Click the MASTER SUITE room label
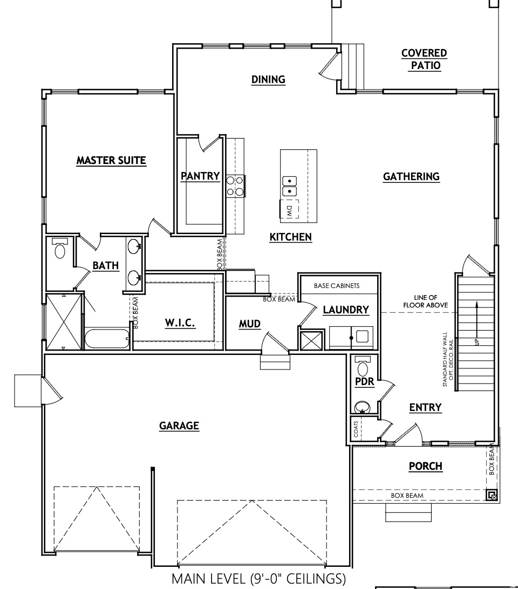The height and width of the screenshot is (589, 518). point(111,160)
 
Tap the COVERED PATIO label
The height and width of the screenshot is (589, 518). point(424,59)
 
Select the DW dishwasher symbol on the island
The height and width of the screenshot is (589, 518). point(289,210)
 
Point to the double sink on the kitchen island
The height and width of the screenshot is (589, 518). point(289,186)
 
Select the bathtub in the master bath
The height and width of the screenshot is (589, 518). point(107,339)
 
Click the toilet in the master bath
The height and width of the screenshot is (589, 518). point(60,249)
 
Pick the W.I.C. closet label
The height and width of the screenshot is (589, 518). point(180,323)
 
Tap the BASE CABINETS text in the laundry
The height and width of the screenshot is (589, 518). point(337,286)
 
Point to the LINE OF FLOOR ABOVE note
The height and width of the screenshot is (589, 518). point(425,302)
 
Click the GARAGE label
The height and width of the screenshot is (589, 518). point(179,426)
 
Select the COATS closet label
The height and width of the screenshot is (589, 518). point(356,430)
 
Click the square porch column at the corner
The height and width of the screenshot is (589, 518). point(490,495)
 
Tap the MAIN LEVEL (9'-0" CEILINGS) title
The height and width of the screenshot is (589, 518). point(258,579)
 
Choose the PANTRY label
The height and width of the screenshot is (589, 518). point(200,176)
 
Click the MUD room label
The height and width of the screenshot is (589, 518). point(250,324)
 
